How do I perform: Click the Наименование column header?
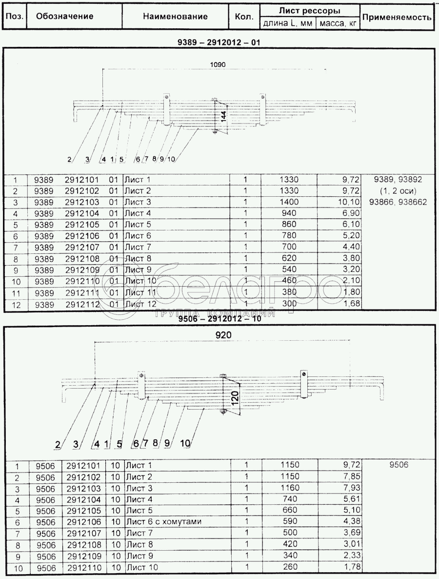(x=175, y=16)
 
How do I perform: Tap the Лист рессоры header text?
(x=309, y=11)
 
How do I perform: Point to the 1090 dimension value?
(x=218, y=65)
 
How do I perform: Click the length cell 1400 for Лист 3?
(x=289, y=202)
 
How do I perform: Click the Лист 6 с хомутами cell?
(x=163, y=522)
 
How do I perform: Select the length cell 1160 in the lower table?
(x=290, y=488)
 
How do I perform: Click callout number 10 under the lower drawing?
(x=185, y=443)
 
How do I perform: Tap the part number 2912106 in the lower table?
(x=83, y=522)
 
